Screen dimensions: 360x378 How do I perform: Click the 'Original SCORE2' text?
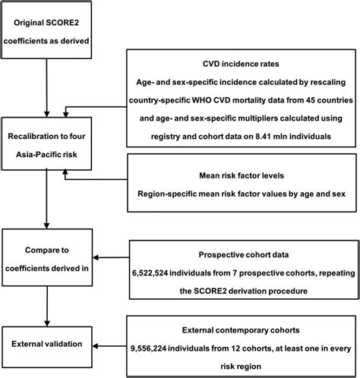46,23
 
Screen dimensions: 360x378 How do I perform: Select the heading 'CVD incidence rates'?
241,64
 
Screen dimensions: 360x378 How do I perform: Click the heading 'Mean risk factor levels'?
242,175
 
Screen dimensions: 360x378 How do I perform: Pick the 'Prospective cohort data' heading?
244,254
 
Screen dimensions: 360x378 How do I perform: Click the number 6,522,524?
150,273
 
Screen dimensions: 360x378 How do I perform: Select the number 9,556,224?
149,348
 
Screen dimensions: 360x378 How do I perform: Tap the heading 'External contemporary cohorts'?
241,330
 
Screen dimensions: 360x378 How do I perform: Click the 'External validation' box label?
47,344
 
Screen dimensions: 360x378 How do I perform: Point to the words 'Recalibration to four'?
46,137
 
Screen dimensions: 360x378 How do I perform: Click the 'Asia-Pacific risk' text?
46,154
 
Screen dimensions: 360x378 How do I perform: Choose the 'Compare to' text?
47,250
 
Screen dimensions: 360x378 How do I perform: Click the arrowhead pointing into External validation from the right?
95,346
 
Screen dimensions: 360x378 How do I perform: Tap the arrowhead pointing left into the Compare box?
96,258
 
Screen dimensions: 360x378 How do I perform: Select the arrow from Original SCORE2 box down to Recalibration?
46,88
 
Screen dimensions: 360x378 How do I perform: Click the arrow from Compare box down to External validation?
47,306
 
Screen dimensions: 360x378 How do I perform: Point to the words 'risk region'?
241,367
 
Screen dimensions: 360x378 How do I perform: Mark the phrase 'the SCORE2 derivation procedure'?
244,291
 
